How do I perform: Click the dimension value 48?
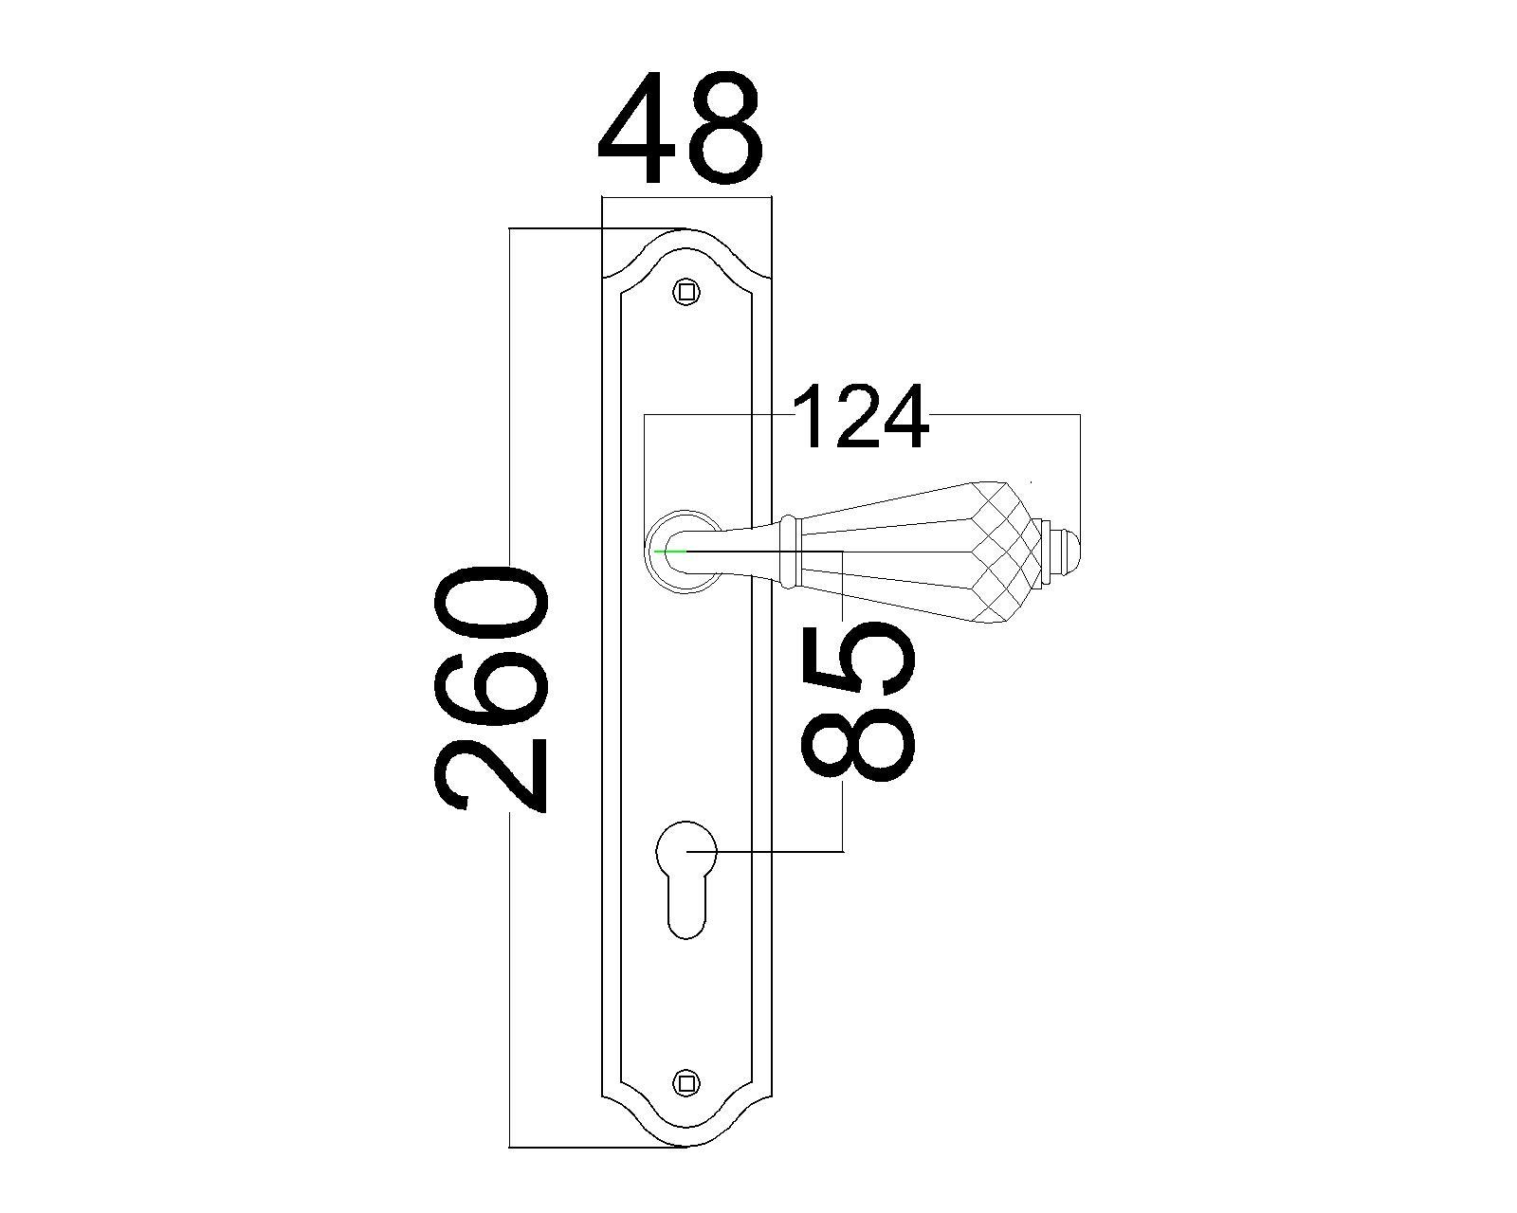coord(680,128)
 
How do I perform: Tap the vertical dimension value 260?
coord(491,688)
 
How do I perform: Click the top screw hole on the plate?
coord(685,291)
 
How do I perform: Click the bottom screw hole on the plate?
coord(685,1102)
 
